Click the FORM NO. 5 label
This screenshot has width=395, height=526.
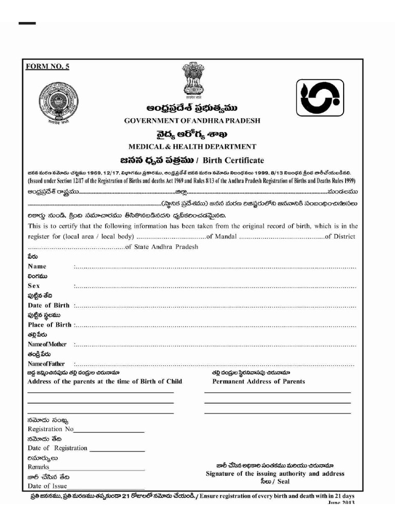click(x=47, y=66)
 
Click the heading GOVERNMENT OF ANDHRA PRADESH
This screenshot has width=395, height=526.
click(x=192, y=121)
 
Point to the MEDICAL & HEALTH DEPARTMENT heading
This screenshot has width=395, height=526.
click(x=192, y=147)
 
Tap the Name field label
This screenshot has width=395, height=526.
click(x=37, y=267)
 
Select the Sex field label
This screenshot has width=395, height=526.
click(x=34, y=286)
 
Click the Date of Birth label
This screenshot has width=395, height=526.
click(x=49, y=305)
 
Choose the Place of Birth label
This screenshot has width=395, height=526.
click(x=49, y=325)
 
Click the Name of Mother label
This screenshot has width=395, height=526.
click(x=47, y=344)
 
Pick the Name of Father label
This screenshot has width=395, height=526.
click(x=46, y=364)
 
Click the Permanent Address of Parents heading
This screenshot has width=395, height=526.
click(x=258, y=382)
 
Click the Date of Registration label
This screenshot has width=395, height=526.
click(x=58, y=448)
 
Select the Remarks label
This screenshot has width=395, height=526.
click(x=39, y=467)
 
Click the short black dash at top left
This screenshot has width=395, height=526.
click(x=27, y=24)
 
